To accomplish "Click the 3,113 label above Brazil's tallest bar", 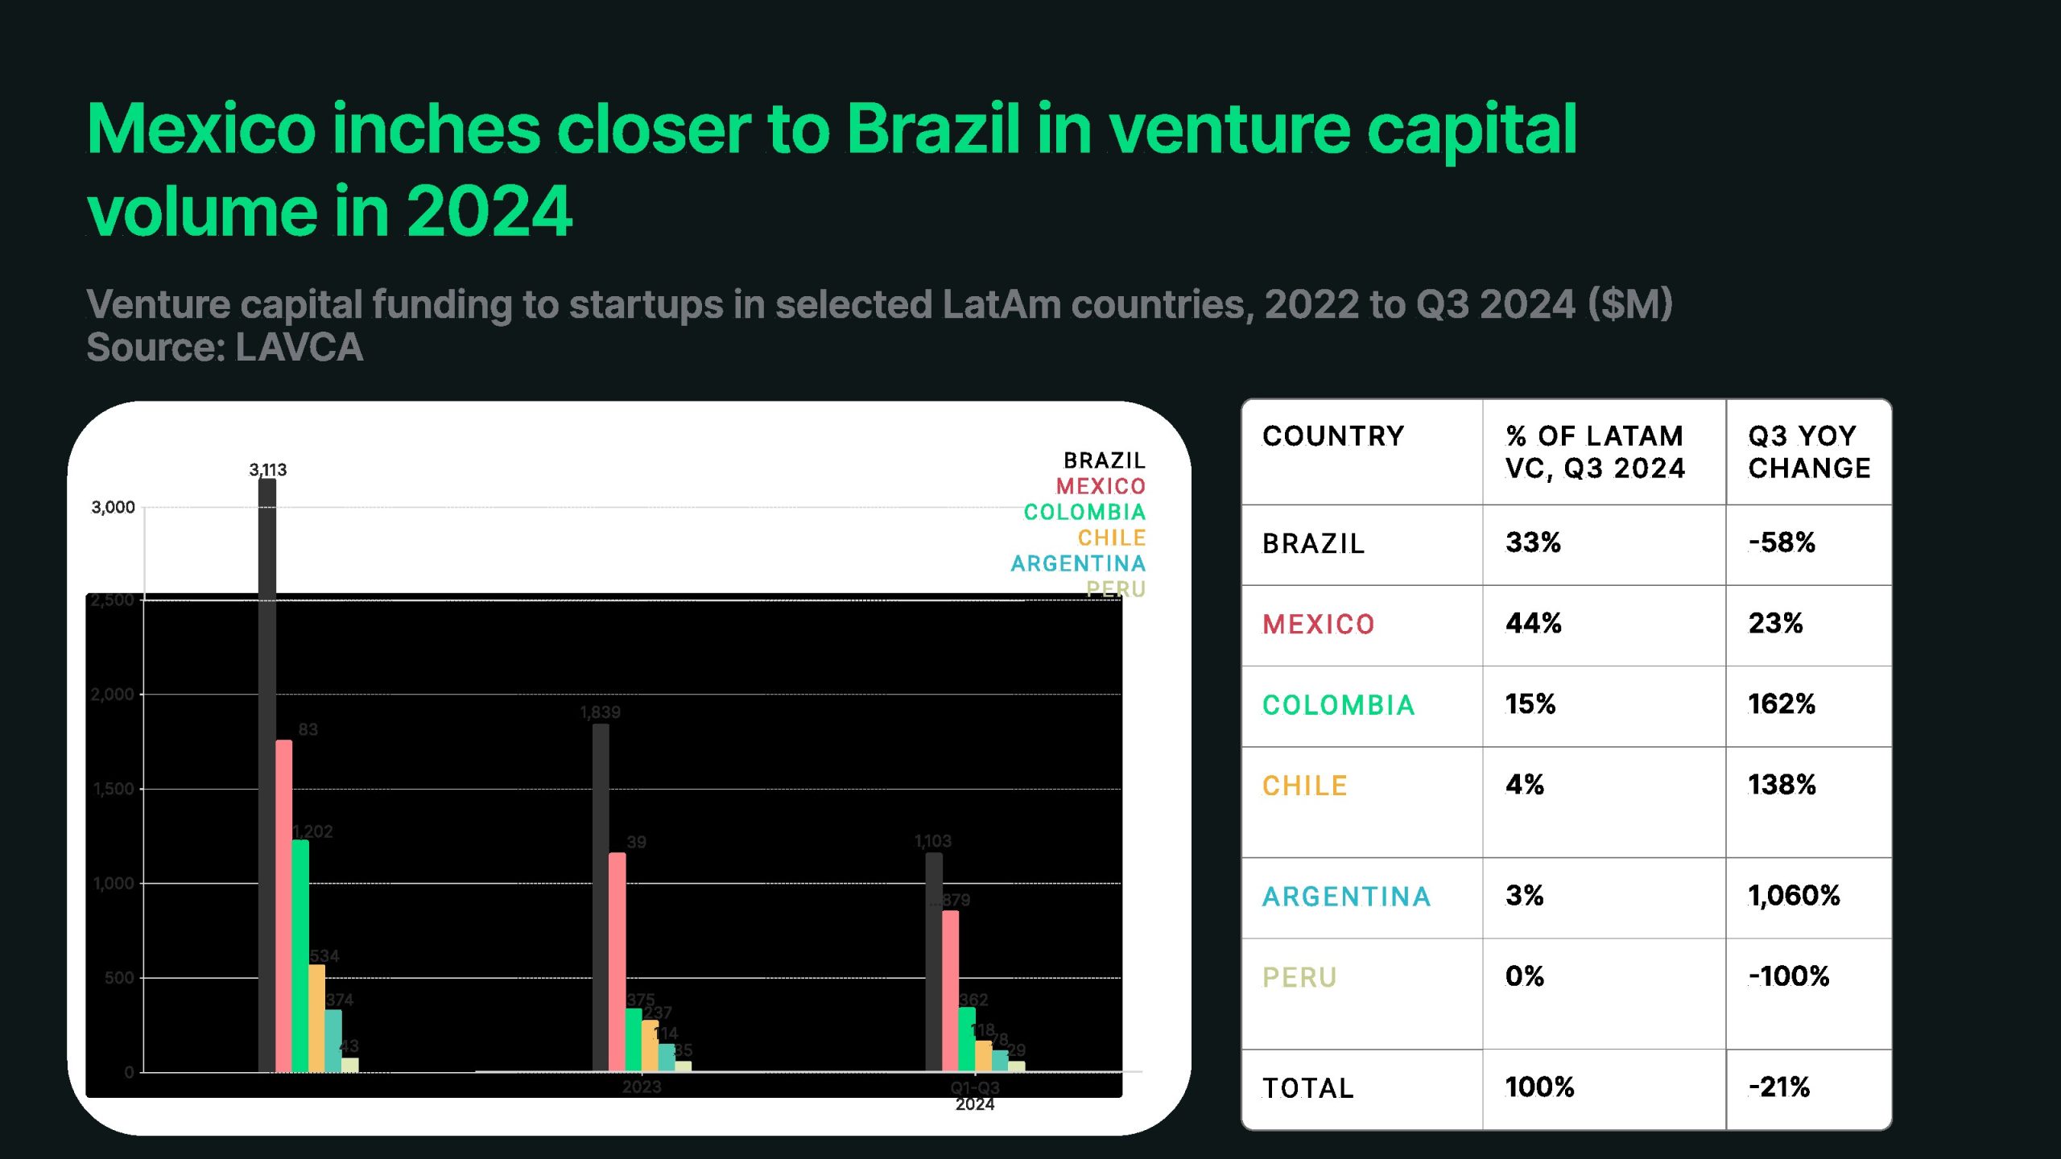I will [x=267, y=469].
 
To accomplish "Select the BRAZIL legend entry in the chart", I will [x=1104, y=460].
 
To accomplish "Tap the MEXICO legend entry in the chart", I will [x=1100, y=486].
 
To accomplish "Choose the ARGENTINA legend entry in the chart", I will [x=1077, y=563].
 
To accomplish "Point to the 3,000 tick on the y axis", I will [x=113, y=507].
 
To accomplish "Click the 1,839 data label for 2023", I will [x=600, y=712].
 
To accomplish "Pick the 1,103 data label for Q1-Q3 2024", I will [x=932, y=841].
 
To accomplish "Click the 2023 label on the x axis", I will [x=642, y=1087].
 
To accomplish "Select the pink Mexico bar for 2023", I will [x=617, y=962].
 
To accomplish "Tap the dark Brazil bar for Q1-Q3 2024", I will [x=933, y=962].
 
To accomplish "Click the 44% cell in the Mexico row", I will [x=1533, y=624].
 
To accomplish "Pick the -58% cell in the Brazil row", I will [x=1781, y=543].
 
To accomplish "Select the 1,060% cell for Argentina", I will [x=1794, y=896].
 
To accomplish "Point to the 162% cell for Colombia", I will [x=1781, y=704].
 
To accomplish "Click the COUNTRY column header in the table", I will [x=1333, y=436].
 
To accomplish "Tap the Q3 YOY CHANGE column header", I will [x=1808, y=452].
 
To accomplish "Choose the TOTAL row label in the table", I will [x=1307, y=1088].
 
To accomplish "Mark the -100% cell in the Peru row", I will [x=1788, y=977].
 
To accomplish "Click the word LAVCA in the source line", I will [x=299, y=348].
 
